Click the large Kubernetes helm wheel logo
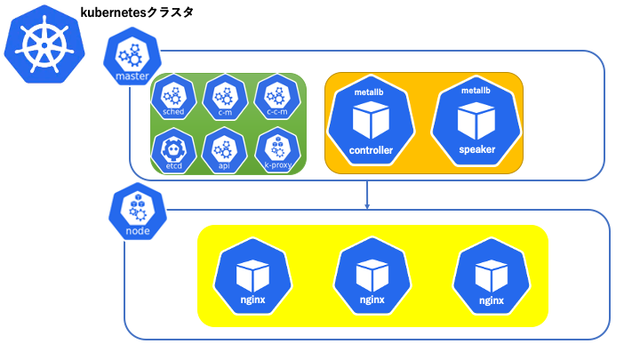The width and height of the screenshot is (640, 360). tap(44, 44)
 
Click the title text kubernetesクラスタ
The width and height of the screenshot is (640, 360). tap(137, 12)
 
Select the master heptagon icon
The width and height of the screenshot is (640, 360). tap(132, 56)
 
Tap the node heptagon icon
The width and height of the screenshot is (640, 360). tap(138, 211)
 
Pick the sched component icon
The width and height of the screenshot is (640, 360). tap(173, 97)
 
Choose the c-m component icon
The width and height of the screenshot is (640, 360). tap(225, 97)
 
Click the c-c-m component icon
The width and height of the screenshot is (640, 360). tap(277, 97)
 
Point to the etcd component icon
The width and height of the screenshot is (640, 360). tap(173, 150)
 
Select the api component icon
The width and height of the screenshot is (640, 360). tap(224, 150)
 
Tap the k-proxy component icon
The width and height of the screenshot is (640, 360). tap(277, 150)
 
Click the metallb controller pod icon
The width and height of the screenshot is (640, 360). tap(371, 120)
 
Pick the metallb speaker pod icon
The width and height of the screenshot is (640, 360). tap(476, 120)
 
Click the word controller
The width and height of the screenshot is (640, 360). tap(371, 150)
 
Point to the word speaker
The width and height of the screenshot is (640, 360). tap(476, 149)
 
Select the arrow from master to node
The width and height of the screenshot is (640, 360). tap(367, 195)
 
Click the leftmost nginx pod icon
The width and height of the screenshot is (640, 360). tap(252, 276)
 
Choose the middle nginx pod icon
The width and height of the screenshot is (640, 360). tap(372, 276)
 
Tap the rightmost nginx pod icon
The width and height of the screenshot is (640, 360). tap(492, 276)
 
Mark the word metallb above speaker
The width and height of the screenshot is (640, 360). tap(476, 91)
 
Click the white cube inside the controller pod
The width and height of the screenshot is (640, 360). tap(371, 120)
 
